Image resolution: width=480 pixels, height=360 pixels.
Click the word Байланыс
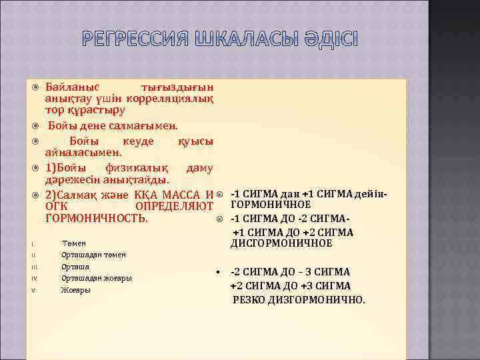tap(73, 87)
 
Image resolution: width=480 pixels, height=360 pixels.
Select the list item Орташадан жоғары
tap(96, 278)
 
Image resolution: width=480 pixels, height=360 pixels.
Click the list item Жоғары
tap(74, 290)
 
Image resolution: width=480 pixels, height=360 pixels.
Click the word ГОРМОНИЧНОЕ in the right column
tap(271, 204)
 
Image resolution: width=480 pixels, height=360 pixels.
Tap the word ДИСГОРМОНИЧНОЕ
tap(281, 243)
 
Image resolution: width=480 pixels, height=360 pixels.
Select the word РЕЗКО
tap(249, 299)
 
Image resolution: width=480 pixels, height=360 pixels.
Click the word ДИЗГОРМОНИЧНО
tap(317, 299)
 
